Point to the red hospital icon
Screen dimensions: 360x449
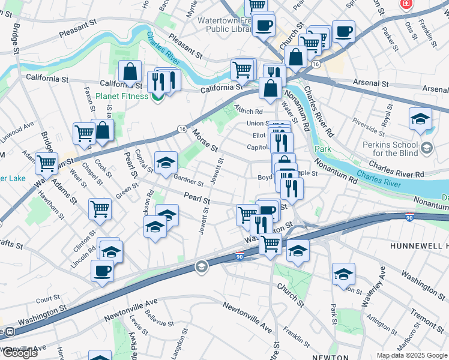tap(407, 4)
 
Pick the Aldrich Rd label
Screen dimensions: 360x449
tap(249, 111)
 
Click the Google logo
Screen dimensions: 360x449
tap(19, 353)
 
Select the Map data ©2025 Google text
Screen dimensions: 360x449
tap(412, 355)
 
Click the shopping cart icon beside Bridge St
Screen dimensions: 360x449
tap(46, 162)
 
